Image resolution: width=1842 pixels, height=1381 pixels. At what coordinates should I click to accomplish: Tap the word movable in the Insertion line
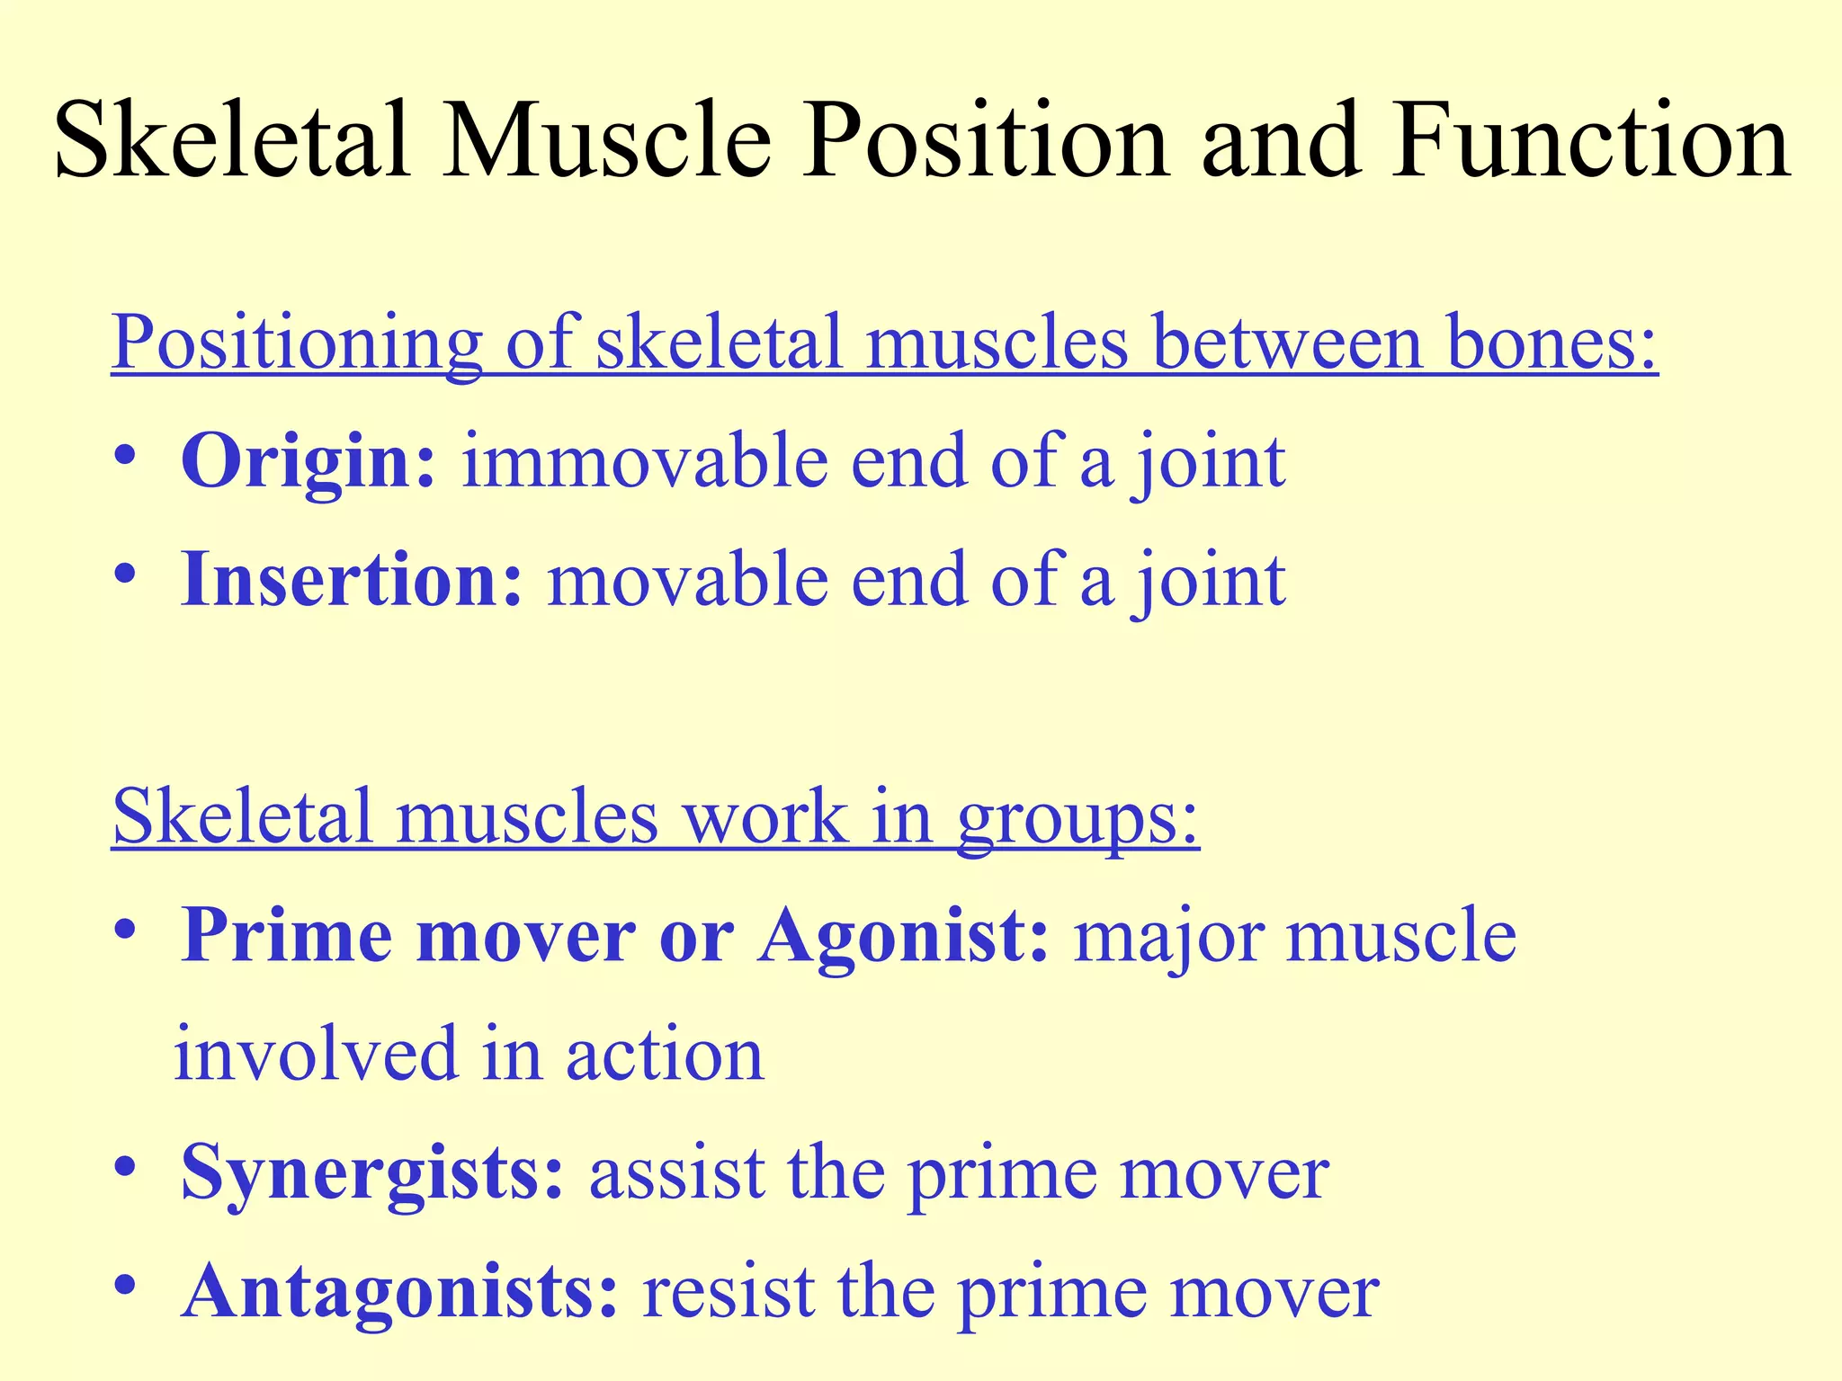(687, 580)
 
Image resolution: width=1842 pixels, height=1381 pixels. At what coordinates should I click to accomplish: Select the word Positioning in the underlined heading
(297, 343)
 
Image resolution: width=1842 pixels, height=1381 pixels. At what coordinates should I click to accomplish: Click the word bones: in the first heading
(1541, 343)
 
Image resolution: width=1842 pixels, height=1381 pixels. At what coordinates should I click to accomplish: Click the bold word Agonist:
(903, 936)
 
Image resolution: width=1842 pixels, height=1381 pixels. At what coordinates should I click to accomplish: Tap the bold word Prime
(287, 936)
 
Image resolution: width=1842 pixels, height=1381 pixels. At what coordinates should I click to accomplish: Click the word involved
(316, 1055)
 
